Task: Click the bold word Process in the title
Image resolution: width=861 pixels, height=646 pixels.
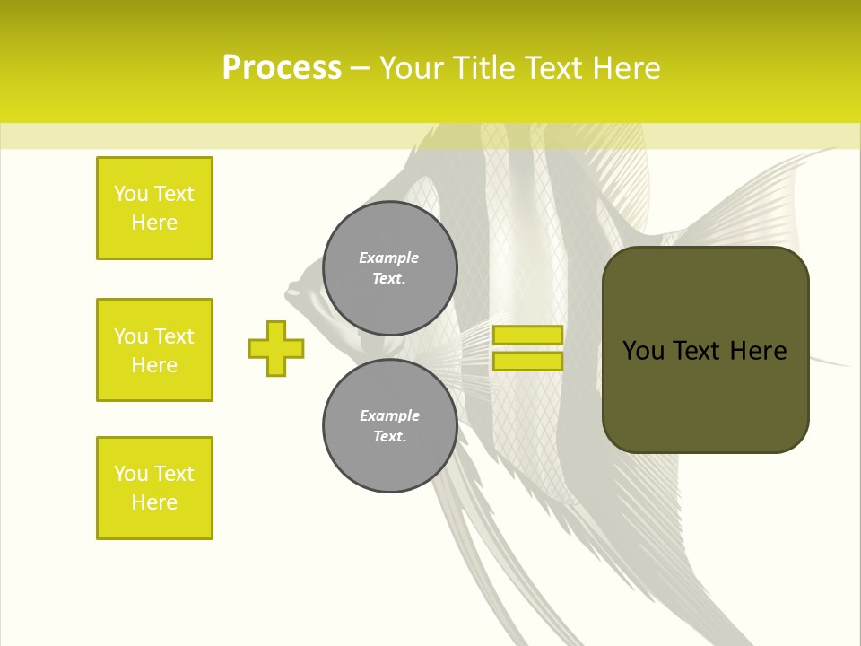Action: click(x=282, y=68)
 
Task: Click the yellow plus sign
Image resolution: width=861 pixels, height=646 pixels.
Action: click(x=276, y=348)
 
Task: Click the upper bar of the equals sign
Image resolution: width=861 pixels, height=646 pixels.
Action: click(x=527, y=335)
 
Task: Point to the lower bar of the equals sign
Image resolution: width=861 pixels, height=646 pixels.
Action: click(x=527, y=361)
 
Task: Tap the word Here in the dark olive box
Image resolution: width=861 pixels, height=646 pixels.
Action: click(x=758, y=351)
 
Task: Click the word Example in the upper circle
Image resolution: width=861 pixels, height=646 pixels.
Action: click(x=389, y=258)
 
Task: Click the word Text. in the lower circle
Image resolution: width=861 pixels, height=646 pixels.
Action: click(x=389, y=436)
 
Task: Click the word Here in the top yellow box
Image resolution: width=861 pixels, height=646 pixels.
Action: click(x=154, y=223)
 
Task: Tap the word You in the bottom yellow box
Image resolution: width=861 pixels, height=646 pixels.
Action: click(x=131, y=474)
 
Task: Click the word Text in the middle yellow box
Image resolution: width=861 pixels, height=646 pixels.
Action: click(x=173, y=336)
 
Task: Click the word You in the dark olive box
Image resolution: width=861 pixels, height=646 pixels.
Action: click(x=643, y=351)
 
